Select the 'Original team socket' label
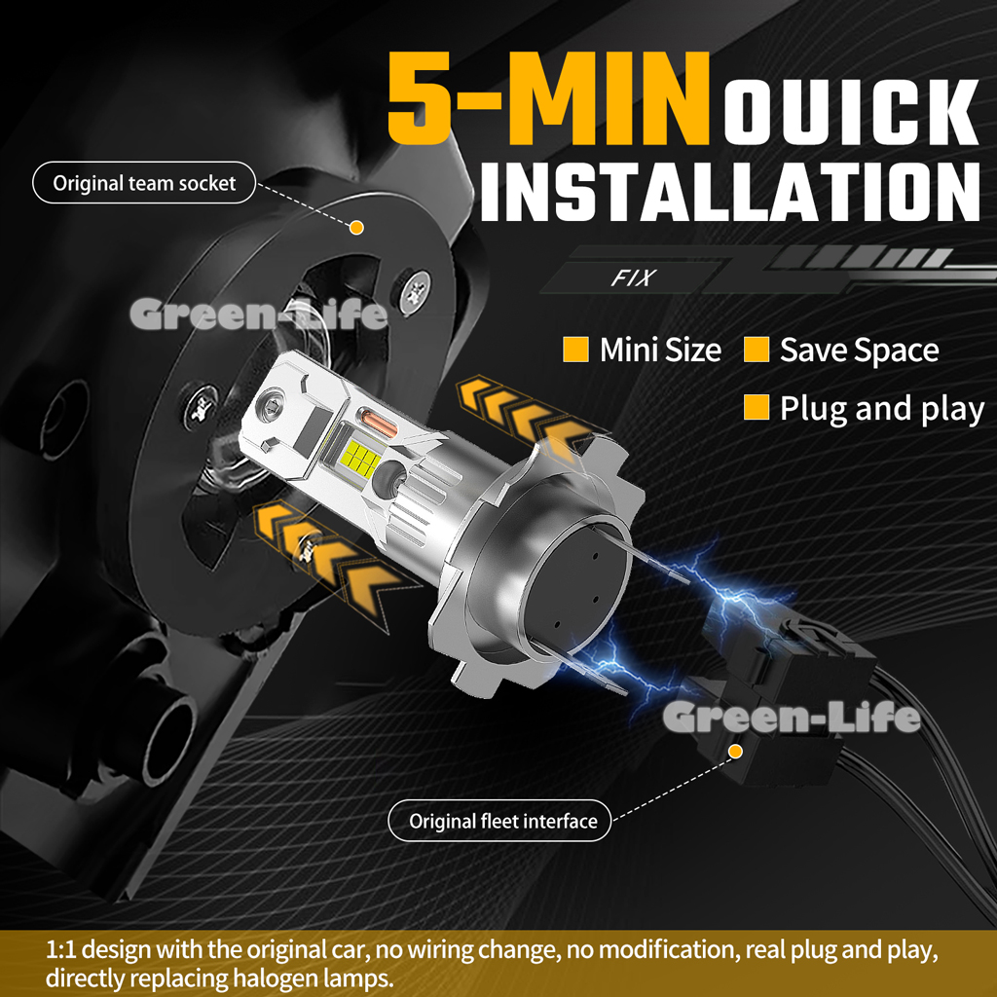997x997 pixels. (x=144, y=183)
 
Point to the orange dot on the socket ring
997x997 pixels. (x=356, y=227)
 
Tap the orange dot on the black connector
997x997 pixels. (x=736, y=752)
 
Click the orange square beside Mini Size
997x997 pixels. (x=575, y=350)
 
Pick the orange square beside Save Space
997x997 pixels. (x=756, y=350)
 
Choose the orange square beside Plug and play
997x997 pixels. (x=756, y=407)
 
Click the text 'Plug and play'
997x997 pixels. (x=882, y=409)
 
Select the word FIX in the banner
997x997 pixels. (x=633, y=277)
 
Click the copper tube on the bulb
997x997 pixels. (x=378, y=423)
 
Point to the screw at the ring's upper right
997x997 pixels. (x=416, y=290)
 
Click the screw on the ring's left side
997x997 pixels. (x=202, y=405)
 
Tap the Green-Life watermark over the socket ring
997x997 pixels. (x=259, y=314)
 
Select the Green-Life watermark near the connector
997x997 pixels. (x=791, y=716)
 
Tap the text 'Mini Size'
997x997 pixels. (x=660, y=350)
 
